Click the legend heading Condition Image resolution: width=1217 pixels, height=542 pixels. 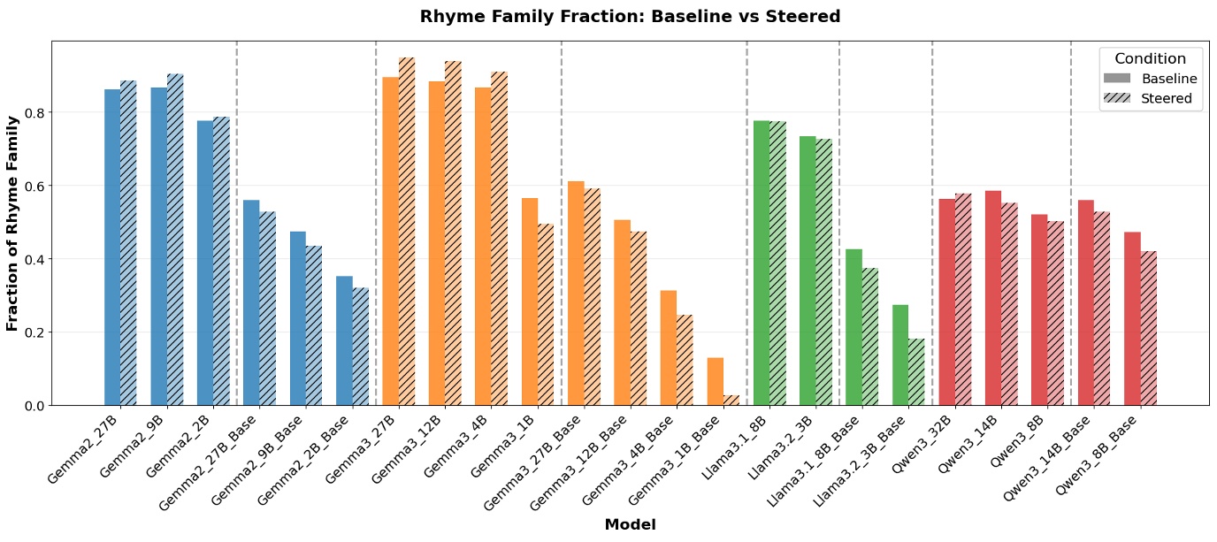[x=1150, y=58]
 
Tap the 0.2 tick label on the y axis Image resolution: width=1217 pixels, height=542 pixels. [x=33, y=332]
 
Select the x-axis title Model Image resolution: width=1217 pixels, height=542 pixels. [x=630, y=524]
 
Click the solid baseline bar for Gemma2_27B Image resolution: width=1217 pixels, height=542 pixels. [x=112, y=248]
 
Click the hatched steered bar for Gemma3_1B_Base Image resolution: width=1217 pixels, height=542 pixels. [x=731, y=401]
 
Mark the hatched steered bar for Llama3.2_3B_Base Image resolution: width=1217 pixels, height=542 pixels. [x=916, y=371]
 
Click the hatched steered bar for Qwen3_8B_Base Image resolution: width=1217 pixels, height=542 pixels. [x=1148, y=328]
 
